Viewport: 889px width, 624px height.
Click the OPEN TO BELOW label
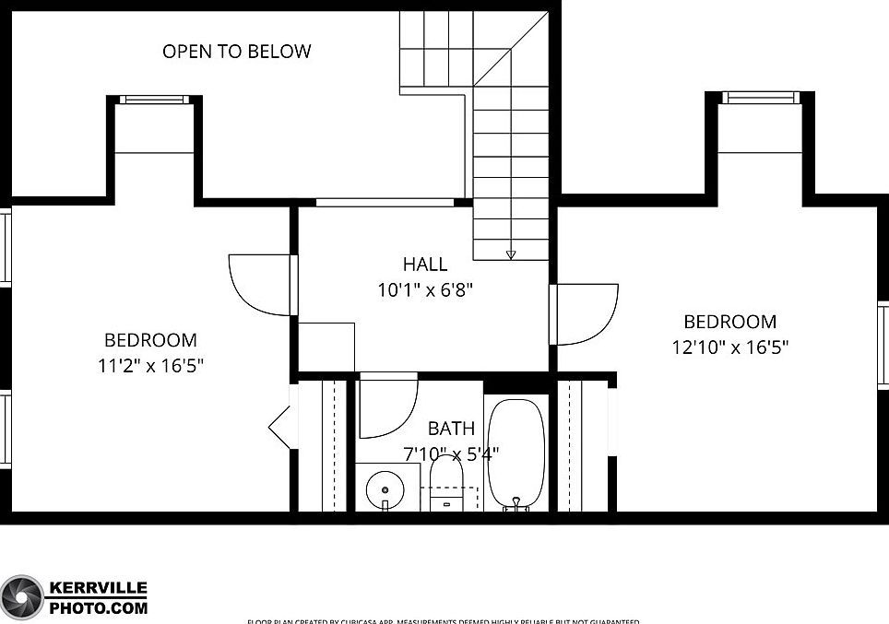tap(237, 52)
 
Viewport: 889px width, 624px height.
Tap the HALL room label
tap(425, 265)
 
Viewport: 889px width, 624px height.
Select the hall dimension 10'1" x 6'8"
tap(425, 289)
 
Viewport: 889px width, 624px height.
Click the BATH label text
tap(452, 429)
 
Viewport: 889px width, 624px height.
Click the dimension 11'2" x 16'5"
tap(150, 365)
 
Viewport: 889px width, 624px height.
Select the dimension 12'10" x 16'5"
tap(730, 347)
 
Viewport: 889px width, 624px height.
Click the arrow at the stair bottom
tap(511, 254)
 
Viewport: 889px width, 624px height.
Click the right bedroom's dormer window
tap(760, 97)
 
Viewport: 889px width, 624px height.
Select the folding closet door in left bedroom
tap(279, 426)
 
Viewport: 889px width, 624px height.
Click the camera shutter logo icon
tap(22, 597)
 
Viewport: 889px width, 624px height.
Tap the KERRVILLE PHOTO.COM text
tap(98, 597)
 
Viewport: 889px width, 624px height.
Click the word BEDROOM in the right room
tap(729, 322)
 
